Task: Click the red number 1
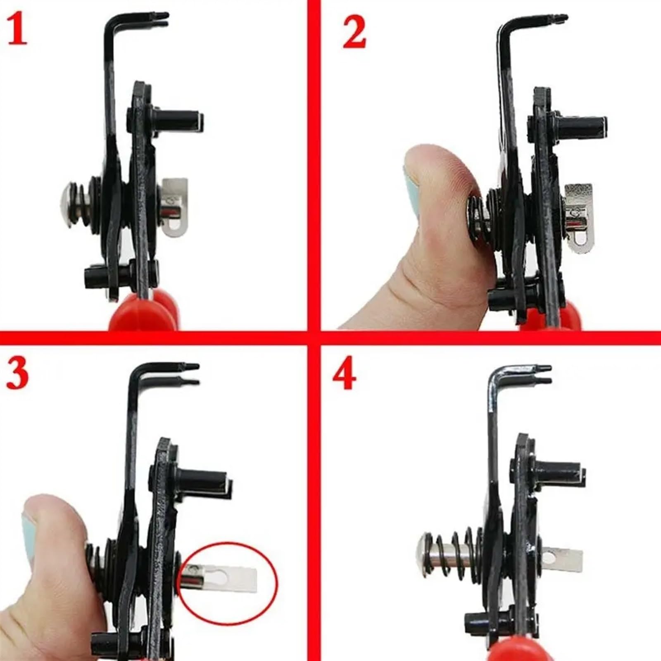[x=17, y=29]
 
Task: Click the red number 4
[x=344, y=377]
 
